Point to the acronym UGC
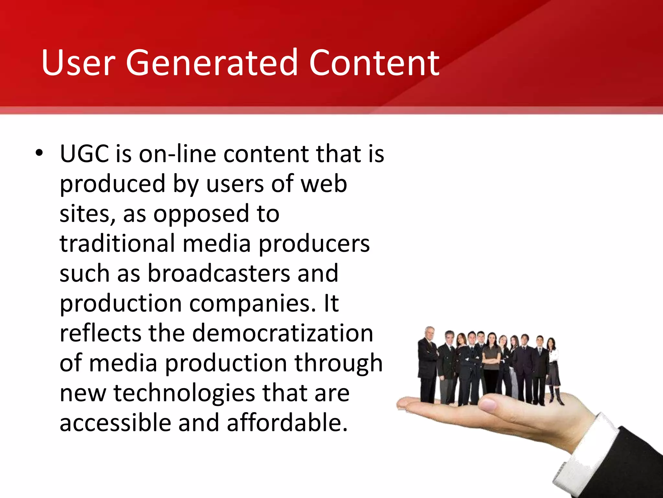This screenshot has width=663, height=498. (84, 154)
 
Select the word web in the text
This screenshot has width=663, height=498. (324, 184)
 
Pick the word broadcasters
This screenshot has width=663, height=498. (219, 273)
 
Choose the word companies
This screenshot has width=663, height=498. (252, 303)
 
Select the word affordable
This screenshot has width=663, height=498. (287, 423)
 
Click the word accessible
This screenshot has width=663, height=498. (115, 423)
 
